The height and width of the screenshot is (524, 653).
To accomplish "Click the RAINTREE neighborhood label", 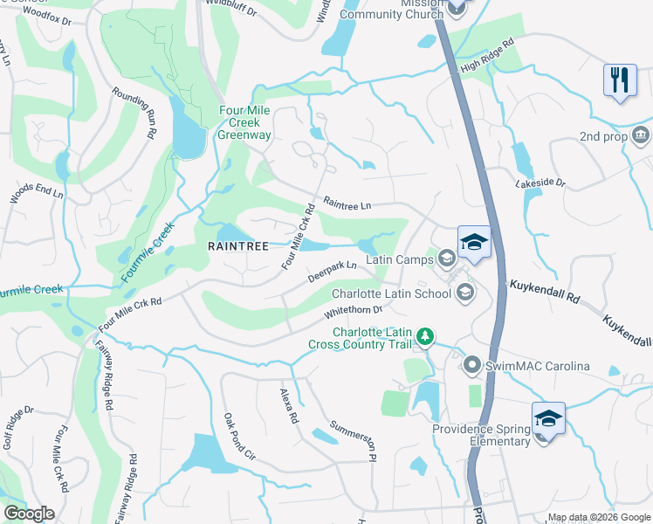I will [237, 246].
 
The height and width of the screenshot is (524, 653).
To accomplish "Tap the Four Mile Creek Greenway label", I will [245, 123].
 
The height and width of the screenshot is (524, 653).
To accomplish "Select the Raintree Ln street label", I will [347, 203].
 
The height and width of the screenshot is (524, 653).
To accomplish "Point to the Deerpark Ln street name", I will [332, 272].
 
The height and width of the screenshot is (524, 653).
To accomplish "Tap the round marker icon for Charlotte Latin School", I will [465, 293].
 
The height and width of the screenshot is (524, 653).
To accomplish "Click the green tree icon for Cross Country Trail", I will [425, 336].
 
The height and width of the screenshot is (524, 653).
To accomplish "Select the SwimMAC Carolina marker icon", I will [472, 365].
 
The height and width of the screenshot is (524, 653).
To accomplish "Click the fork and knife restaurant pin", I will [620, 79].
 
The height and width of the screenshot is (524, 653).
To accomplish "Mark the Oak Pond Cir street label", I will [239, 437].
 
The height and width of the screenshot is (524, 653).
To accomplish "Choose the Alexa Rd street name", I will [289, 407].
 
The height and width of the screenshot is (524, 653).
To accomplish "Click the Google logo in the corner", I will [29, 514].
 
